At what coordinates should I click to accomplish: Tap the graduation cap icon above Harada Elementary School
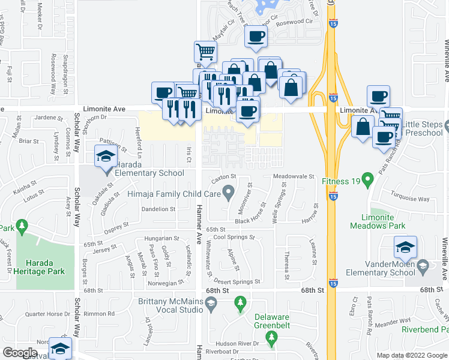pyautogui.click(x=106, y=157)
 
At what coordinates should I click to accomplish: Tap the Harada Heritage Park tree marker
pyautogui.click(x=23, y=226)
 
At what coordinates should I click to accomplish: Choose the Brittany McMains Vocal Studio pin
pyautogui.click(x=211, y=305)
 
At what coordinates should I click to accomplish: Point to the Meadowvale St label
pyautogui.click(x=294, y=176)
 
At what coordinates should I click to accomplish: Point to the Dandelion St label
pyautogui.click(x=157, y=209)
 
